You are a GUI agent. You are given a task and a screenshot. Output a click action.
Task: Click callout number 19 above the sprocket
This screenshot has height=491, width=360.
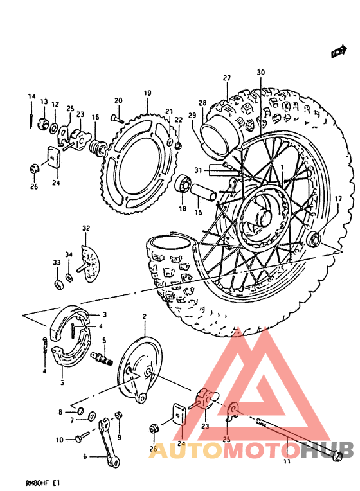[147, 93]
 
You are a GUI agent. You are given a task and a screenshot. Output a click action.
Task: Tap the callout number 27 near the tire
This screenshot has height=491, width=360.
[227, 78]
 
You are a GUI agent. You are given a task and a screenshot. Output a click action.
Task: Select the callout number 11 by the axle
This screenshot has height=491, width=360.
[287, 461]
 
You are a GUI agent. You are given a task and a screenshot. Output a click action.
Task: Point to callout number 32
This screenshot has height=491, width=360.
[85, 228]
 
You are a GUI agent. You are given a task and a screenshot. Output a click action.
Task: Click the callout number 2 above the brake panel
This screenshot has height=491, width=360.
[145, 316]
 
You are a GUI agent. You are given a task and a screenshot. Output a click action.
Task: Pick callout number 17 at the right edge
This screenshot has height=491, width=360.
[338, 200]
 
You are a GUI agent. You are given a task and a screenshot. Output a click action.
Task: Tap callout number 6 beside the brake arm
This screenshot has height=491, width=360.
[84, 457]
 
